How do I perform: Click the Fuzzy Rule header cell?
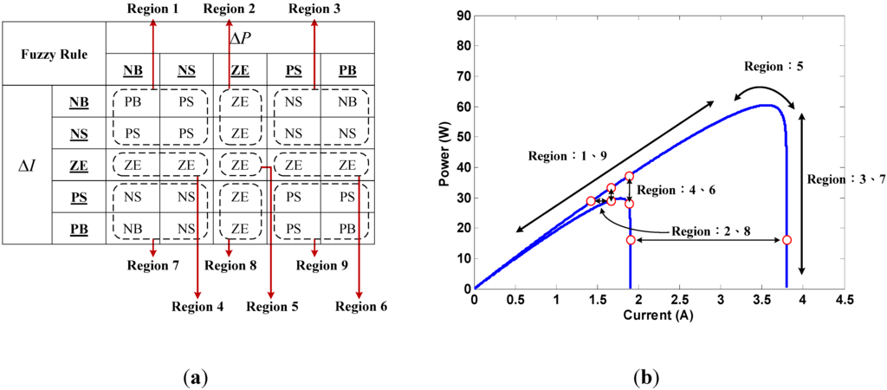(x=54, y=53)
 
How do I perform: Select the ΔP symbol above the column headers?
(x=240, y=36)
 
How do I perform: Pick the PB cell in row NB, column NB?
(x=133, y=102)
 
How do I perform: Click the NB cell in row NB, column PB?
(x=346, y=102)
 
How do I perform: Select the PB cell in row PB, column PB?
(x=346, y=228)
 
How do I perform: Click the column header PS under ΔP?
(x=293, y=70)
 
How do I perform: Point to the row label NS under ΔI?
(x=78, y=133)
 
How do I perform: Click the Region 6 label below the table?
(x=361, y=306)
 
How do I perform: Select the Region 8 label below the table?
(x=230, y=265)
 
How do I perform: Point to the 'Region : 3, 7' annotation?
(x=845, y=179)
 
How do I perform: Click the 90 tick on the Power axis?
(x=461, y=16)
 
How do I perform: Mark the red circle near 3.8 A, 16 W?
(x=787, y=240)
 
